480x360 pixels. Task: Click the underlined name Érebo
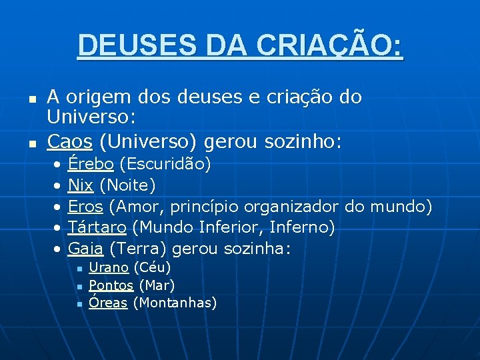[x=91, y=164]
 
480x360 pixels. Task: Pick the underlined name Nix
[x=81, y=185]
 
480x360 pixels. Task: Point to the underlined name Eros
[x=85, y=206]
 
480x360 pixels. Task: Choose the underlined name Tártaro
[x=98, y=227]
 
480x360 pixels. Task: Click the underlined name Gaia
[x=86, y=249]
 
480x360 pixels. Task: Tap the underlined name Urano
[x=109, y=268]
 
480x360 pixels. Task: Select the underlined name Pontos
[x=111, y=286]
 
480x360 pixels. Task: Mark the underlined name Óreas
[x=108, y=303]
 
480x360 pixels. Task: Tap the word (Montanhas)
[x=175, y=303]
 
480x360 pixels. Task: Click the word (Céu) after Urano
[x=152, y=268]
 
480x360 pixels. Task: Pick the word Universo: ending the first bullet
[x=91, y=119]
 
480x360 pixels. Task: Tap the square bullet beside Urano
[x=79, y=269]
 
